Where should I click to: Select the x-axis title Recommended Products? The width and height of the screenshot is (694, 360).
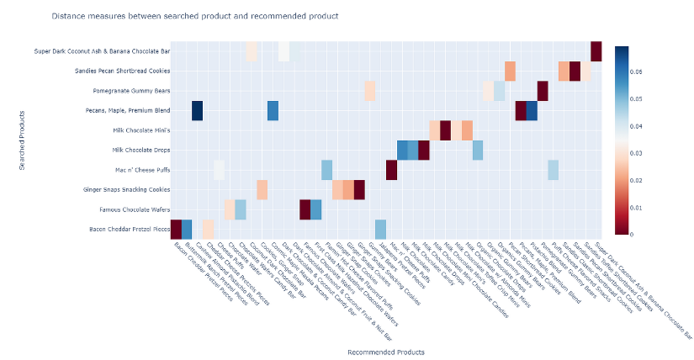(386, 352)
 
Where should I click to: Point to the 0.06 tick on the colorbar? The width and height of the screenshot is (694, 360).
(638, 71)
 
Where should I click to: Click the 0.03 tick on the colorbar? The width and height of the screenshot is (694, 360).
(638, 153)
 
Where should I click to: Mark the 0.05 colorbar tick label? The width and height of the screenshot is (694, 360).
(638, 99)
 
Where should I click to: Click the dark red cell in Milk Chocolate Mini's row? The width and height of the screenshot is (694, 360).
(445, 130)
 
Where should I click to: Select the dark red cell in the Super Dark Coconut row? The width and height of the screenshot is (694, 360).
(596, 51)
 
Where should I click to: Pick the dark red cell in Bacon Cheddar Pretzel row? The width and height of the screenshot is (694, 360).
(176, 229)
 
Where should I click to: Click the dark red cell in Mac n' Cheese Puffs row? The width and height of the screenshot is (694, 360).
(391, 170)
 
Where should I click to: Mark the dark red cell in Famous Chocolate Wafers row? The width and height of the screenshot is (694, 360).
(305, 209)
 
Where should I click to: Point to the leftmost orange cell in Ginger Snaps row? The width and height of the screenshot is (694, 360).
(262, 189)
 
